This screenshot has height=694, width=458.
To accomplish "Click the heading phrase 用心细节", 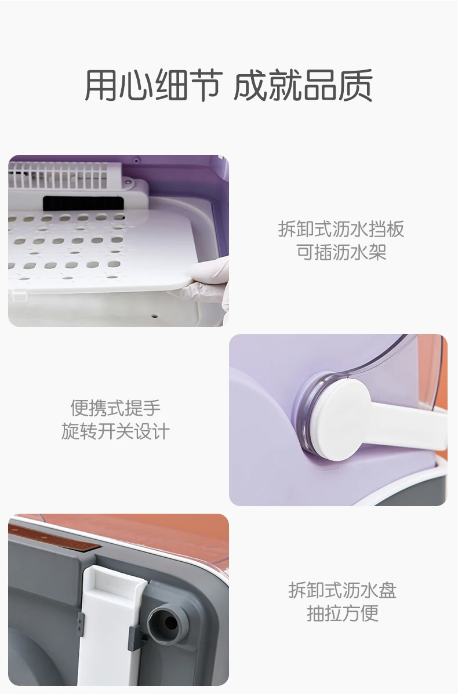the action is click(152, 85).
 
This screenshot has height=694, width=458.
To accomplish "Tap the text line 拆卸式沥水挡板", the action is click(341, 229).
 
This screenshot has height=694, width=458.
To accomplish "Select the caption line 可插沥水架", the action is click(341, 252).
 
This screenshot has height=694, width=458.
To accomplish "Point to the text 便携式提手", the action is click(115, 408).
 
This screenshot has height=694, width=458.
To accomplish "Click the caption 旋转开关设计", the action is click(115, 431).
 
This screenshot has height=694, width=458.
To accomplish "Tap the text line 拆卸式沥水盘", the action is click(342, 590).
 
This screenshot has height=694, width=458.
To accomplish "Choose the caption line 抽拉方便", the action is click(342, 613).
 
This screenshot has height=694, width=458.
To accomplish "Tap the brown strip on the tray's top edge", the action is click(54, 536).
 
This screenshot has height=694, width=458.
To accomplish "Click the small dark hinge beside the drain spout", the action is click(135, 638).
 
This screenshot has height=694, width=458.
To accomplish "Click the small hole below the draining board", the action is click(154, 317).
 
